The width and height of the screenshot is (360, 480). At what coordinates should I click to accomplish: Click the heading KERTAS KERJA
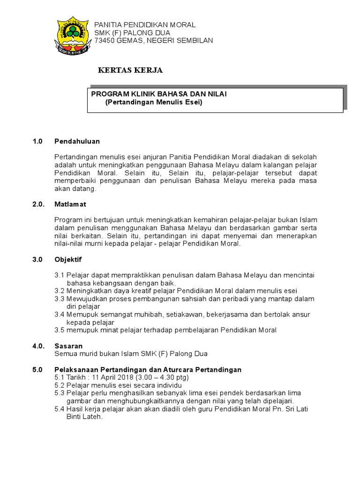point(130,71)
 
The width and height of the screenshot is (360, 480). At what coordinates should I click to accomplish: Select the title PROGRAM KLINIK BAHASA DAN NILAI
point(159,94)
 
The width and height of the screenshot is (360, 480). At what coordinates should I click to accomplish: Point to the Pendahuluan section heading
point(77,141)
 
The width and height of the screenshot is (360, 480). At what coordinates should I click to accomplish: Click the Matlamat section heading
point(70,204)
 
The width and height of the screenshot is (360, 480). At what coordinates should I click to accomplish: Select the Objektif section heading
point(68,259)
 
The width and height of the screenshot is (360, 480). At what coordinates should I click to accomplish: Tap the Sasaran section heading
point(68,346)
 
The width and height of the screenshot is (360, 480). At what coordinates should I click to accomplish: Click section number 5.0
point(37,369)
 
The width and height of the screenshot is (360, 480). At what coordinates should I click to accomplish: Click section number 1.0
point(37,141)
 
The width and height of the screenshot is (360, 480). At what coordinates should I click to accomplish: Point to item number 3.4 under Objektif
point(60,315)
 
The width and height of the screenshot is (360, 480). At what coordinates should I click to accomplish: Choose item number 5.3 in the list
point(60,393)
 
